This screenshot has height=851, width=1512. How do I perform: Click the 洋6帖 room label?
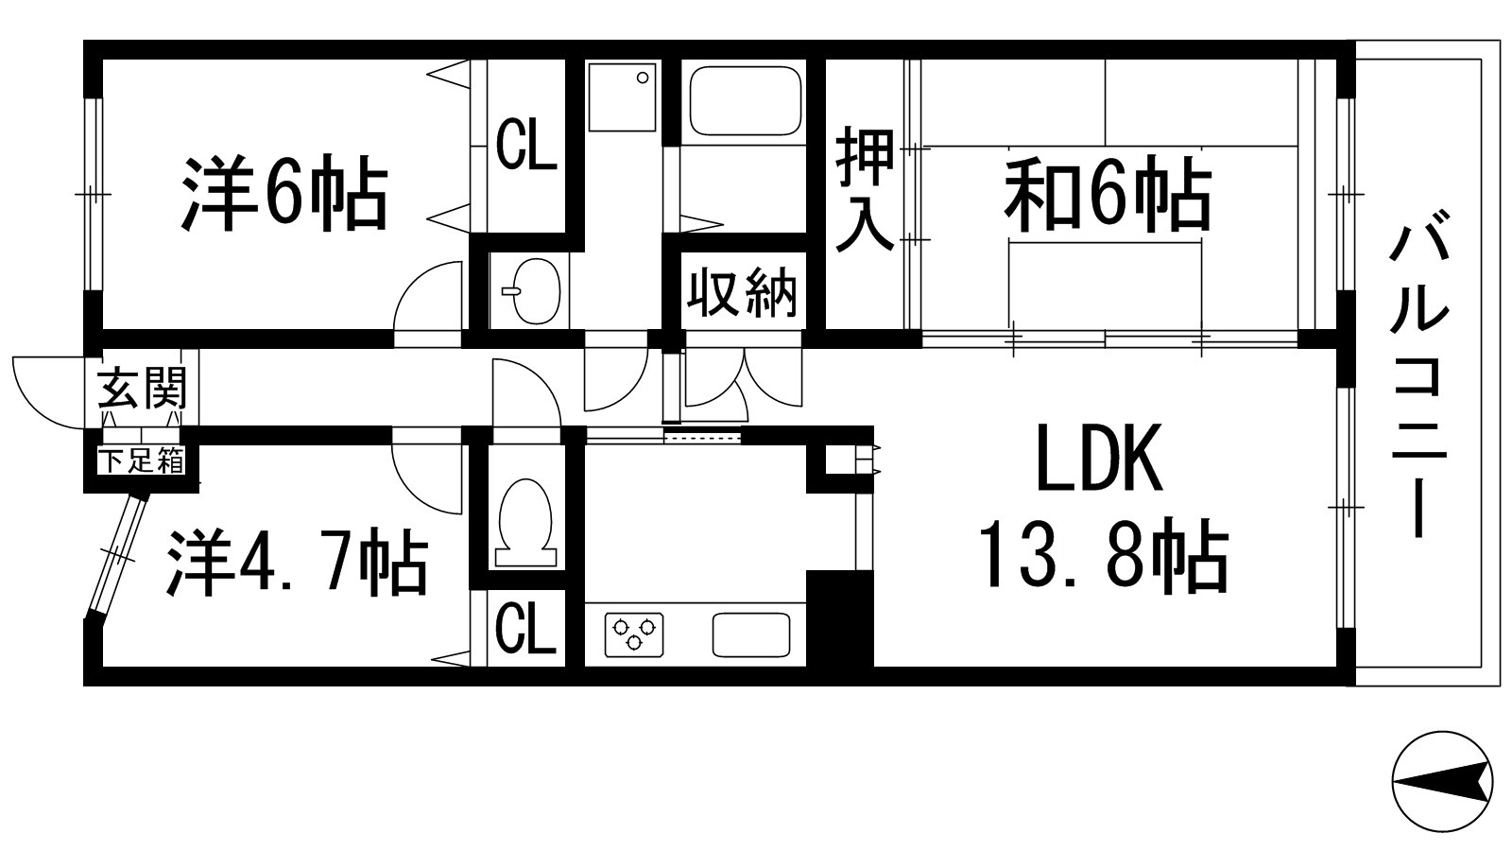284,194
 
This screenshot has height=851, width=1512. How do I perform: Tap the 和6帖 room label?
1108,196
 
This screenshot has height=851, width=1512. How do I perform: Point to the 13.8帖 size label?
1102,555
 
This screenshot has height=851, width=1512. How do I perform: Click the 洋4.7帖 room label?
297,562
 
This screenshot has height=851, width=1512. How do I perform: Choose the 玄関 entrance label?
143,387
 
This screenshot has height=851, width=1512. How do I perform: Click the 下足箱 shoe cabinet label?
142,462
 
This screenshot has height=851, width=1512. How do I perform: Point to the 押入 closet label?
864,194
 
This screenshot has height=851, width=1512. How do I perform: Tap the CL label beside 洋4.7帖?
525,629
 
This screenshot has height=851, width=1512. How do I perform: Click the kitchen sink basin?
751,634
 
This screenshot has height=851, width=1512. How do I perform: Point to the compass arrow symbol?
1442,782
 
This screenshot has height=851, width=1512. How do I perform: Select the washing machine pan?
622,96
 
